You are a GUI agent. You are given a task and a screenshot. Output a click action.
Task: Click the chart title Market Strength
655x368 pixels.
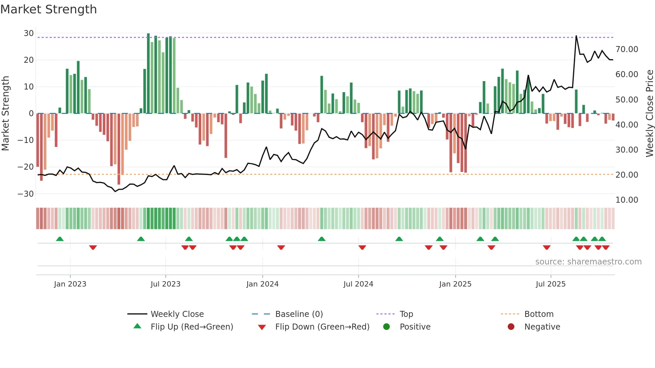(48, 9)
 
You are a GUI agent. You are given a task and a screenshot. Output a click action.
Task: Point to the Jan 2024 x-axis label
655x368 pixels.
(262, 284)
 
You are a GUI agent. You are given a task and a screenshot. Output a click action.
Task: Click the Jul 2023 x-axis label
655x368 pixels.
(165, 284)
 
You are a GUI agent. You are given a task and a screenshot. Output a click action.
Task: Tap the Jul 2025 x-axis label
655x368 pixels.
(550, 284)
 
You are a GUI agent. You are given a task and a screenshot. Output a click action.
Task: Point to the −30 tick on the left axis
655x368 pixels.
(26, 194)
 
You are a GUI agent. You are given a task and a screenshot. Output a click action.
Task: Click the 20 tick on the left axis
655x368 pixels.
(29, 60)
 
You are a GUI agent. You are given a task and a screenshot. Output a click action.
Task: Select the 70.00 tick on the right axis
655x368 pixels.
(627, 49)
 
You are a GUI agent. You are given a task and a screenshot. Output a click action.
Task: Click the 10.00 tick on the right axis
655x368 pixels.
(627, 200)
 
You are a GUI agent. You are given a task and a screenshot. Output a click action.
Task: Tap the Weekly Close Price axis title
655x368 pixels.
(649, 114)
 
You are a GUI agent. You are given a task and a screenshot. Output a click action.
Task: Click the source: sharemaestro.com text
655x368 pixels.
(588, 261)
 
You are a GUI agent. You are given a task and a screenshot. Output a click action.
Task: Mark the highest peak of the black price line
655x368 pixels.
(576, 36)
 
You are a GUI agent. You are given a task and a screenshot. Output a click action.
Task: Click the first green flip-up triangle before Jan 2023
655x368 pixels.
(60, 239)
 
